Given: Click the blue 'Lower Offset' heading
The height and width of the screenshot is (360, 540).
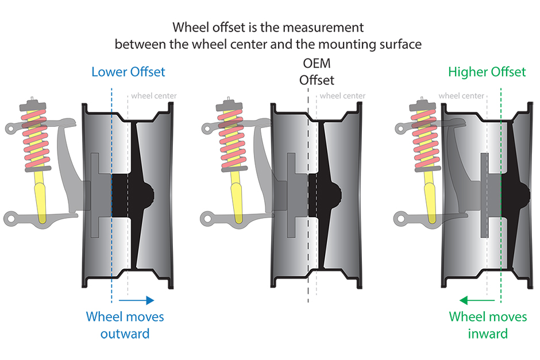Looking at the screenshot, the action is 128,72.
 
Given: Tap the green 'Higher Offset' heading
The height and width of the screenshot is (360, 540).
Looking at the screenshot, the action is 487,72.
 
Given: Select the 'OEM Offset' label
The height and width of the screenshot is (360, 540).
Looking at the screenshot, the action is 317,72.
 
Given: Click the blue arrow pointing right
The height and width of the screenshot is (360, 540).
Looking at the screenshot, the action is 136,300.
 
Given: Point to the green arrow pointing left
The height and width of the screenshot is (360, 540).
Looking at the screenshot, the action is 477,300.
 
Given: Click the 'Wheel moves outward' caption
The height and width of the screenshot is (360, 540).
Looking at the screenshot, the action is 125,325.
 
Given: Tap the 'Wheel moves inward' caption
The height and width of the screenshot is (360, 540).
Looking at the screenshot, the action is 488,325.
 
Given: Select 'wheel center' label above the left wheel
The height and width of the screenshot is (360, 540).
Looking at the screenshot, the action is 154,96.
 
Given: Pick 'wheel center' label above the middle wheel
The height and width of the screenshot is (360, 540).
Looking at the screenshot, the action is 342,96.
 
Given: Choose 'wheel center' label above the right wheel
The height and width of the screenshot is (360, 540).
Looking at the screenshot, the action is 461,96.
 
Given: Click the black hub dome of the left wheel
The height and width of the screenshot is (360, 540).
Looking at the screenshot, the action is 149,195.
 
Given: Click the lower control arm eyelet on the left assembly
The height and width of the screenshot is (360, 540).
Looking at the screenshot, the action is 11,218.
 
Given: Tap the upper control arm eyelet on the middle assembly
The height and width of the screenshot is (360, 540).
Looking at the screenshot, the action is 207,129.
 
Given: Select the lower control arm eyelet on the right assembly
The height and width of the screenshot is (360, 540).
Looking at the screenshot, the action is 400,218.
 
